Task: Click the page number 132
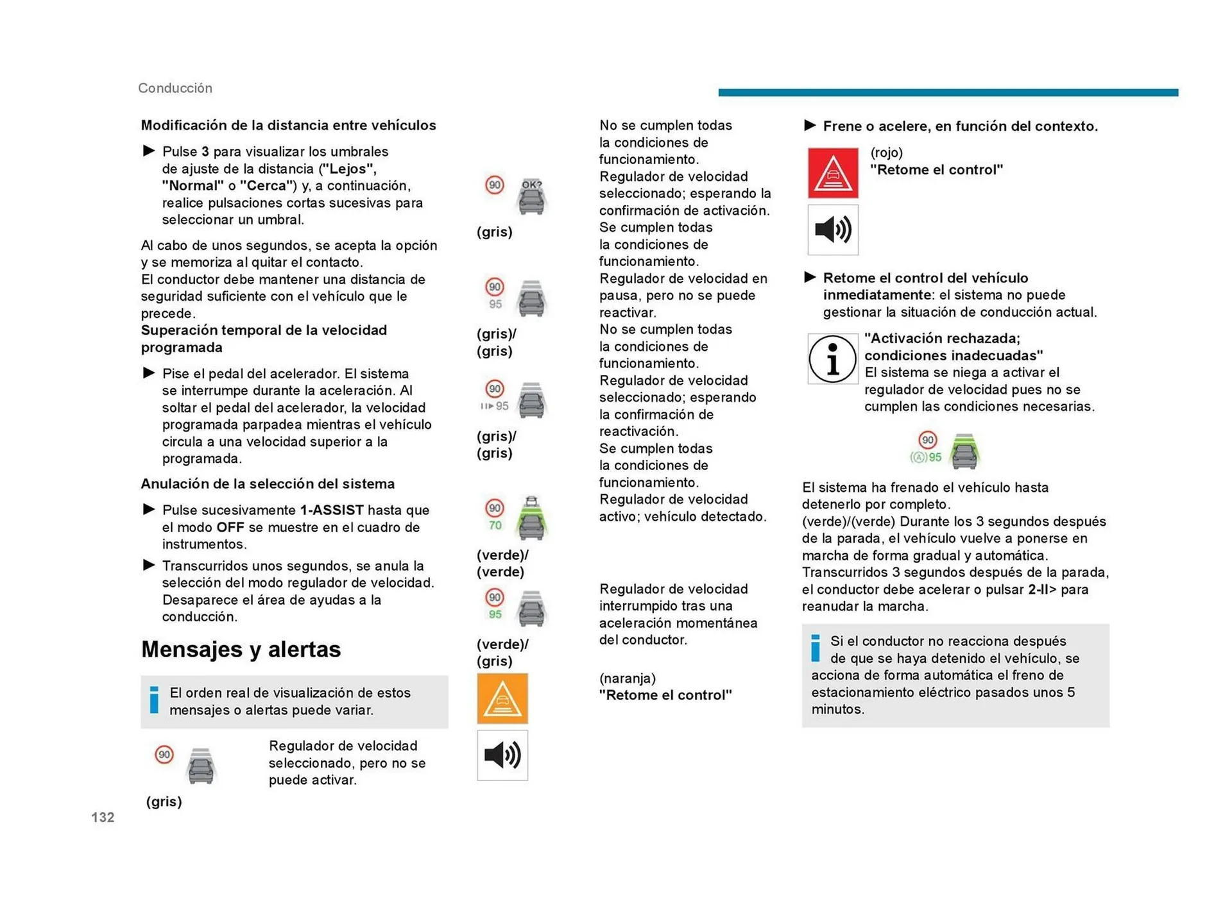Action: click(103, 817)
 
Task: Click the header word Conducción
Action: click(175, 88)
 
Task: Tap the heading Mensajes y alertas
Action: click(241, 650)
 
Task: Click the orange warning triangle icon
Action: click(502, 698)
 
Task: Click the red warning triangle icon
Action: click(832, 173)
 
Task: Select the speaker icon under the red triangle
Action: click(832, 230)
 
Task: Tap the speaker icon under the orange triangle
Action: click(502, 755)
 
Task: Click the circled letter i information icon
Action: click(832, 359)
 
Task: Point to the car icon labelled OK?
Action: click(531, 196)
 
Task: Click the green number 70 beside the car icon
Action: click(495, 525)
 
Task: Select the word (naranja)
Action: click(627, 678)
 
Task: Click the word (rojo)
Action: click(886, 153)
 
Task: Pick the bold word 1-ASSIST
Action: click(331, 510)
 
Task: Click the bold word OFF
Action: click(230, 527)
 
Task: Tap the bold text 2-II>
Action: click(1041, 589)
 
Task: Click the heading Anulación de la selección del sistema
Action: click(268, 484)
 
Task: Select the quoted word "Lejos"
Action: click(347, 169)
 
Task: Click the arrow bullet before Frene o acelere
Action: click(810, 126)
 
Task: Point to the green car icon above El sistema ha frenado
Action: click(964, 451)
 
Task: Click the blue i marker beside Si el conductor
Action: click(815, 648)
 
